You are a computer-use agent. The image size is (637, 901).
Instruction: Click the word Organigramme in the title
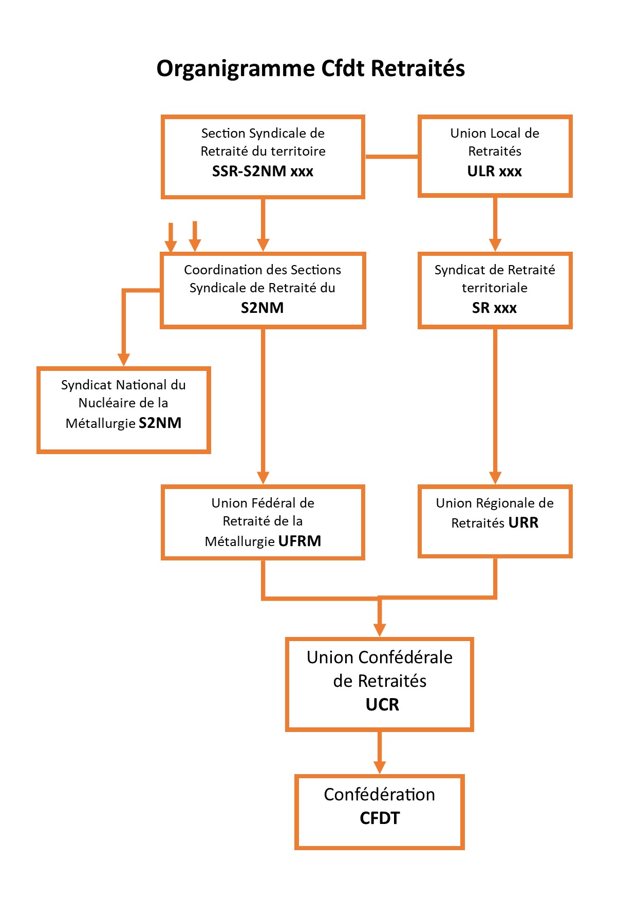click(235, 69)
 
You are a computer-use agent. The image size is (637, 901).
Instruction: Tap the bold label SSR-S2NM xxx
click(263, 171)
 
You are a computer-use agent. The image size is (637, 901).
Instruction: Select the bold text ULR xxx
click(494, 171)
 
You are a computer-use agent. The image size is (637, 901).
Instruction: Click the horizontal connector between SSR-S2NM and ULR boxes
click(391, 156)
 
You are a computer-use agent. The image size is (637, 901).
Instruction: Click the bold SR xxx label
click(494, 308)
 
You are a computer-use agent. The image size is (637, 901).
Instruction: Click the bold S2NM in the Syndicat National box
click(160, 423)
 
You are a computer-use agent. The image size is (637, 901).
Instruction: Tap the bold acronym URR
click(523, 522)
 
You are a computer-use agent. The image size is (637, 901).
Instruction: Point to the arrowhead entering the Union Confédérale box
click(380, 630)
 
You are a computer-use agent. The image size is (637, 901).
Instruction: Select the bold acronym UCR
click(382, 704)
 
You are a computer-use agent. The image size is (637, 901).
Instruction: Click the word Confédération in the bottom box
click(379, 794)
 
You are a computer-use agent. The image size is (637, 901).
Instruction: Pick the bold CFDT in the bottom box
click(380, 818)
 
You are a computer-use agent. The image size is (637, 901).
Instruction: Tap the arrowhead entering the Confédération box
click(380, 766)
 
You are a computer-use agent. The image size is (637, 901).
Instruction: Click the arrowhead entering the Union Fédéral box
click(263, 477)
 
